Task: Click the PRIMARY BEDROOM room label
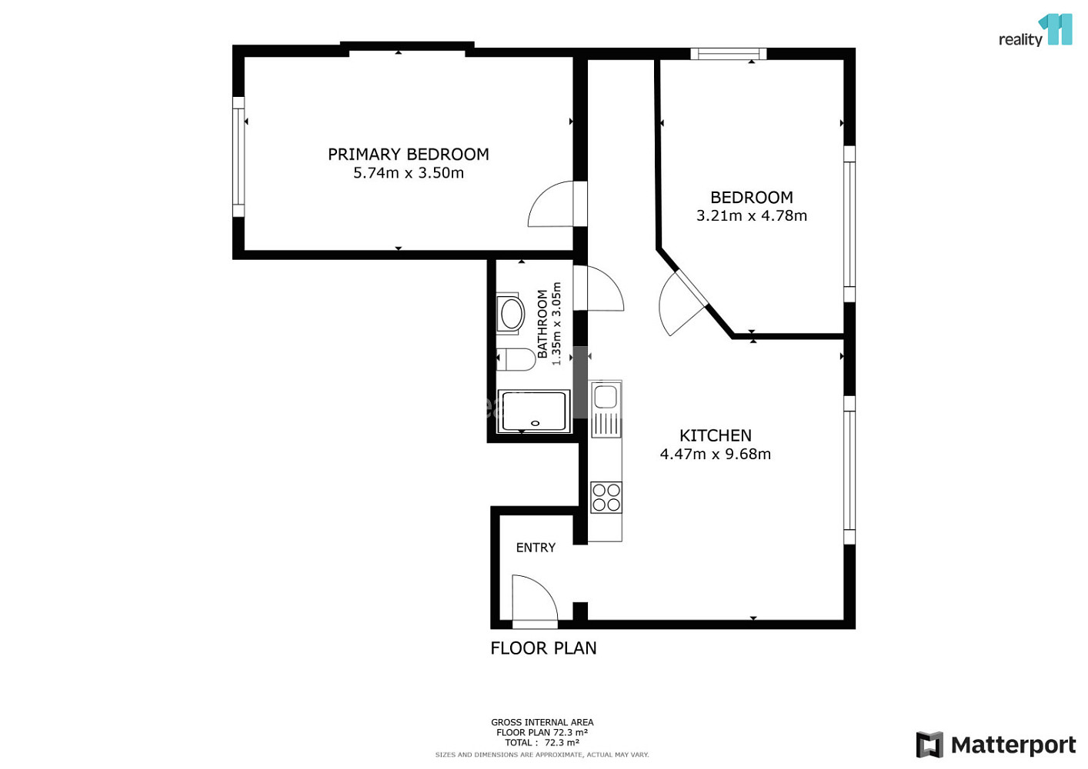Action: (x=408, y=155)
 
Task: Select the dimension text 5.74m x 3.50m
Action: (x=408, y=173)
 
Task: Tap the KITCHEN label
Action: (x=715, y=435)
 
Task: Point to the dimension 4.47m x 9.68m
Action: (x=715, y=454)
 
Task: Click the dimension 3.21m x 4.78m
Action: (x=752, y=215)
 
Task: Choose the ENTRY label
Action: (x=536, y=548)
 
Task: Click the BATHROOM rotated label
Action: (x=542, y=324)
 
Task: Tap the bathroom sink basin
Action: (x=510, y=314)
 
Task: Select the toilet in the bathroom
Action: (x=516, y=359)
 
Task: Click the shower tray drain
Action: (x=535, y=424)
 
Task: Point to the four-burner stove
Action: (x=606, y=497)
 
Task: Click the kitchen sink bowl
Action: (x=606, y=396)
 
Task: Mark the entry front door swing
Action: (x=535, y=598)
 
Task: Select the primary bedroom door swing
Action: (x=551, y=204)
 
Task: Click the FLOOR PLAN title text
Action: (x=543, y=648)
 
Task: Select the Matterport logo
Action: (x=996, y=744)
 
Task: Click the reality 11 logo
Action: (x=1035, y=30)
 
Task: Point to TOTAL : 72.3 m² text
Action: (x=542, y=743)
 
